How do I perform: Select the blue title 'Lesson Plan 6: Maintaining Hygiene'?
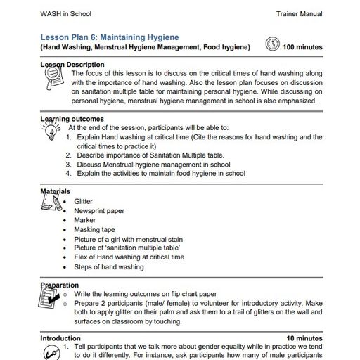[x=109, y=37]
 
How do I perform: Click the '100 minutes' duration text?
[x=302, y=47]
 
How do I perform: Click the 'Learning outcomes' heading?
[x=72, y=119]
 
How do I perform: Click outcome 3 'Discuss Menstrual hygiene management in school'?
[x=153, y=165]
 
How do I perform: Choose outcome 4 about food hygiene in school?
[x=160, y=174]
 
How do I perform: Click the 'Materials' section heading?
[x=55, y=191]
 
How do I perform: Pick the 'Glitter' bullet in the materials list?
[x=83, y=201]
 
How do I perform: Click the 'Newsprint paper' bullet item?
[x=99, y=210]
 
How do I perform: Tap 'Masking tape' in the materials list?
[x=94, y=229]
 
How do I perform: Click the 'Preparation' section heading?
[x=60, y=285]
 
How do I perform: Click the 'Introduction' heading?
[x=60, y=338]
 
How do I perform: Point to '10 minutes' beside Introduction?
[x=304, y=338]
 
